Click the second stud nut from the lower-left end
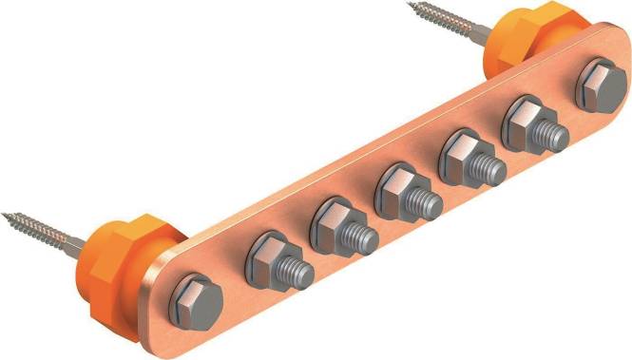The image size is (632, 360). tap(334, 220)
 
